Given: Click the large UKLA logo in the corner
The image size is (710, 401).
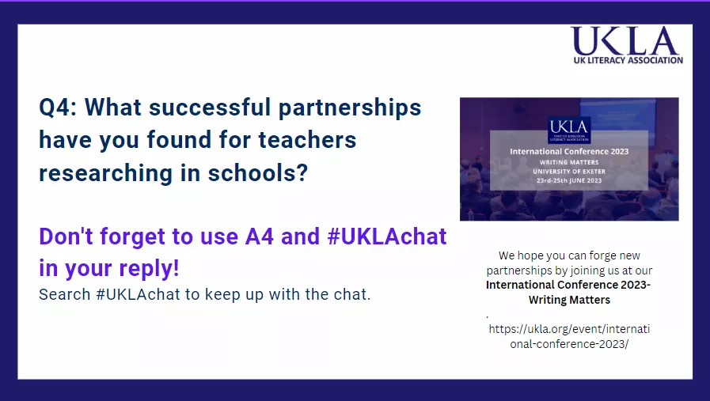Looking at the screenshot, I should [626, 40].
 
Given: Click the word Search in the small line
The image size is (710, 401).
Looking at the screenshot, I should [63, 296].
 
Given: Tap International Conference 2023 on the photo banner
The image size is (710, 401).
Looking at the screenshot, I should [569, 150].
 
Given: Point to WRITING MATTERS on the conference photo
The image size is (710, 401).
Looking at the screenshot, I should [569, 162].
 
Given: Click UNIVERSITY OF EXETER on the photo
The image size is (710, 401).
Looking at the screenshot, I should [569, 171].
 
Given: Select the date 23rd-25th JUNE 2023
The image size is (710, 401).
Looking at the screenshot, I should [569, 180].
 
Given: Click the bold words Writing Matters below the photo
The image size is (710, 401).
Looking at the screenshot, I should [569, 300].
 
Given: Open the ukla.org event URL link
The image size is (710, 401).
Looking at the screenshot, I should [569, 336].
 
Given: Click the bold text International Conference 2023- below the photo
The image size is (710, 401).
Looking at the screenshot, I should [569, 285].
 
